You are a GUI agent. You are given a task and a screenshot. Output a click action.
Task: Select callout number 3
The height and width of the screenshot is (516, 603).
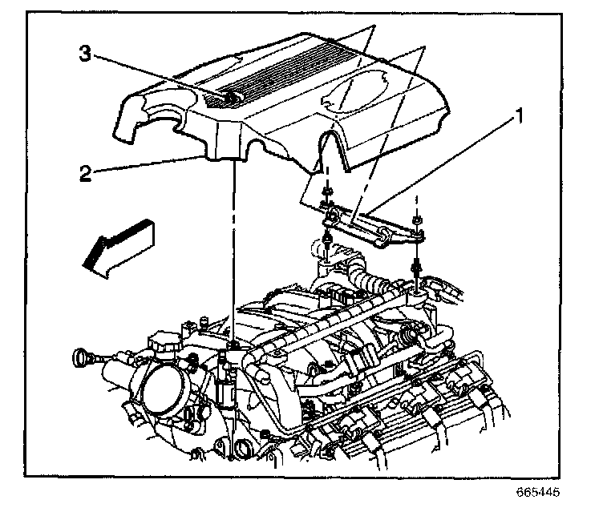coord(84,54)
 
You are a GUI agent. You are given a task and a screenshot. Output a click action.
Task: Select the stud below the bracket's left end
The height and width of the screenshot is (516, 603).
coord(328,240)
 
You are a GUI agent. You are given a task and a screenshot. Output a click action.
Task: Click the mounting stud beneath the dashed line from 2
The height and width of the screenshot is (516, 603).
coord(232,345)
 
